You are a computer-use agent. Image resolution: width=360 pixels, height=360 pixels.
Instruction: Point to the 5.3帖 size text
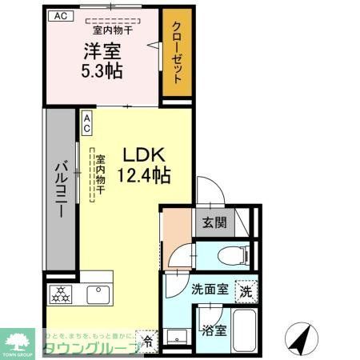[102, 70]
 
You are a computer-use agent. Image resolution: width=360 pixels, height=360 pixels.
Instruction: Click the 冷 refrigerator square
[147, 339]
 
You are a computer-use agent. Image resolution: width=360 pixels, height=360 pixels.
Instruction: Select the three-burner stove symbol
[62, 294]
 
